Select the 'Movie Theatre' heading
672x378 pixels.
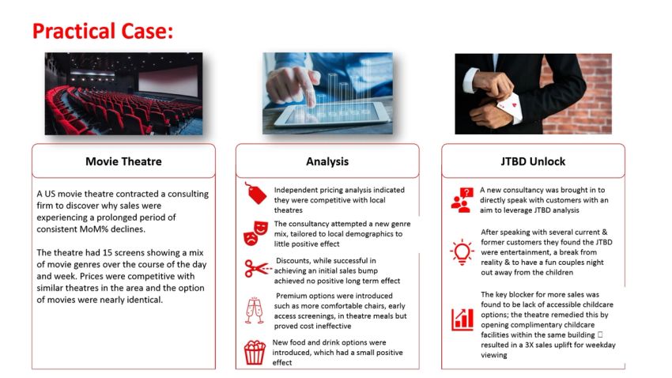tap(123, 161)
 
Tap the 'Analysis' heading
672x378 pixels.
tap(327, 161)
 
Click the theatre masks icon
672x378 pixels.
tap(255, 233)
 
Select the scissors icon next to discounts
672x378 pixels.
tap(255, 270)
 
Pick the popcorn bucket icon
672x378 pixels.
tap(255, 351)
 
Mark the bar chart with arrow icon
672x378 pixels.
tap(462, 319)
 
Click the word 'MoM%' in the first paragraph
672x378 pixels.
tap(115, 229)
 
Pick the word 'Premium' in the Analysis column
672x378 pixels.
tap(292, 295)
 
